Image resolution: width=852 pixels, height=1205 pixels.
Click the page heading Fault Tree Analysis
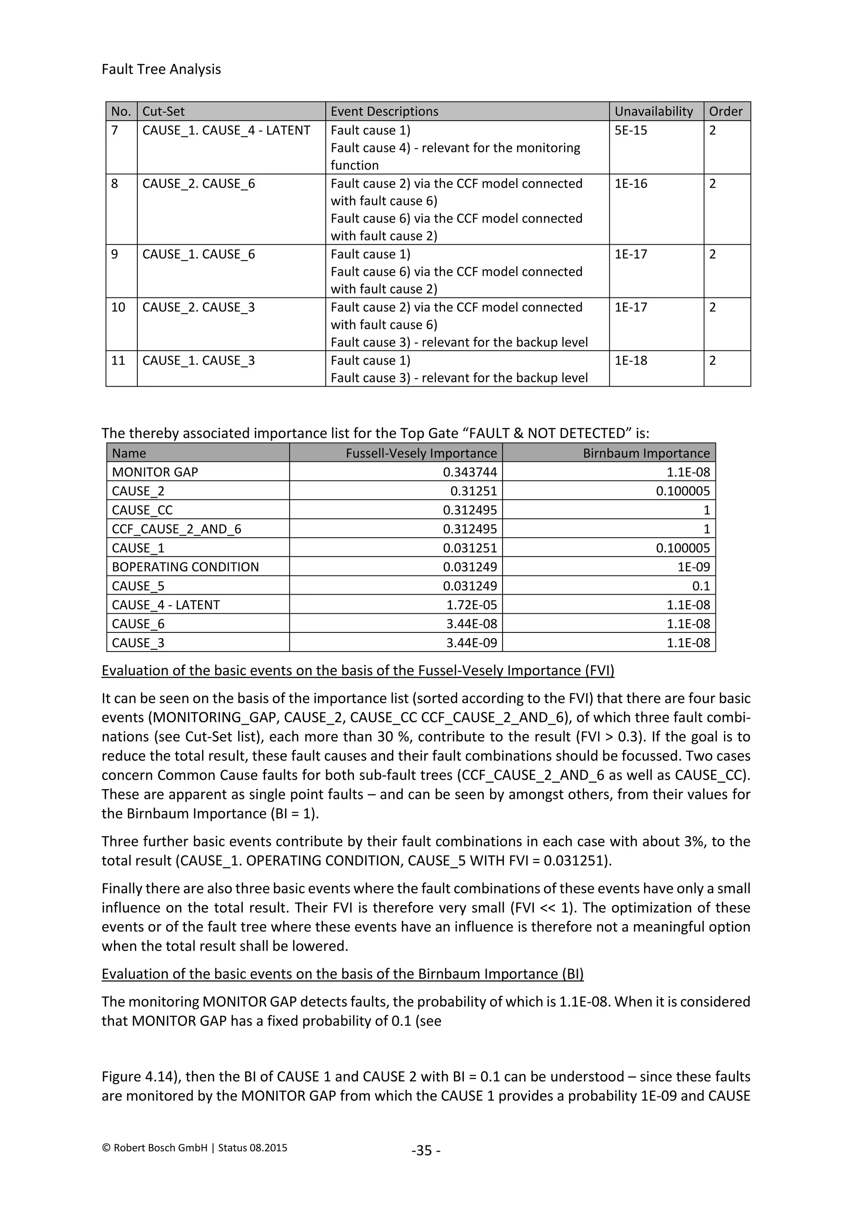pyautogui.click(x=161, y=69)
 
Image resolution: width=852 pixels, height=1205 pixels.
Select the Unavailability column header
pyautogui.click(x=653, y=111)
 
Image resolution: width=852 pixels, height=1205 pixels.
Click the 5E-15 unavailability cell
pyautogui.click(x=631, y=130)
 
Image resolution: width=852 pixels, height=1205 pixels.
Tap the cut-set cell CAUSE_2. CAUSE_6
pyautogui.click(x=198, y=183)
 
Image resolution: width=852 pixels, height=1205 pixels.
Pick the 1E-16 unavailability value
pyautogui.click(x=631, y=183)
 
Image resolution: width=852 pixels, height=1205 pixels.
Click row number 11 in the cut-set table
pyautogui.click(x=119, y=361)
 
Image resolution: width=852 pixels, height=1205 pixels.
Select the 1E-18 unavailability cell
pyautogui.click(x=631, y=361)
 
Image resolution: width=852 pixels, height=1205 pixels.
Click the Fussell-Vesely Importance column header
pyautogui.click(x=421, y=453)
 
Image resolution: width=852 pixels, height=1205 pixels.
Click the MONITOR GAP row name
pyautogui.click(x=155, y=472)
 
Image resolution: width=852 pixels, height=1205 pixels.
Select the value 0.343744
pyautogui.click(x=470, y=472)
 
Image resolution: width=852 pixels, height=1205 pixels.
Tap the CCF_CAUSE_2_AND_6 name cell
pyautogui.click(x=176, y=529)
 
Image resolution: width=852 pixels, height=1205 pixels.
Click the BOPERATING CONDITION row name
pyautogui.click(x=185, y=567)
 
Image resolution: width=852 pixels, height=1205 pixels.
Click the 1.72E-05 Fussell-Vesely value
pyautogui.click(x=471, y=605)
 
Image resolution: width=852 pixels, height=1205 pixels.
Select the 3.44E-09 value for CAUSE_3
pyautogui.click(x=471, y=643)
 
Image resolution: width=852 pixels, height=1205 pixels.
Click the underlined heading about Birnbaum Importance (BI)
pyautogui.click(x=342, y=974)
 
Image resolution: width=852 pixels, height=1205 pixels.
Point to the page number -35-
pyautogui.click(x=426, y=1150)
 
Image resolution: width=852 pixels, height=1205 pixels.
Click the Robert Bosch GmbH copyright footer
pyautogui.click(x=194, y=1148)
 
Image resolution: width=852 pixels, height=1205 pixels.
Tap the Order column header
pyautogui.click(x=726, y=111)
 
